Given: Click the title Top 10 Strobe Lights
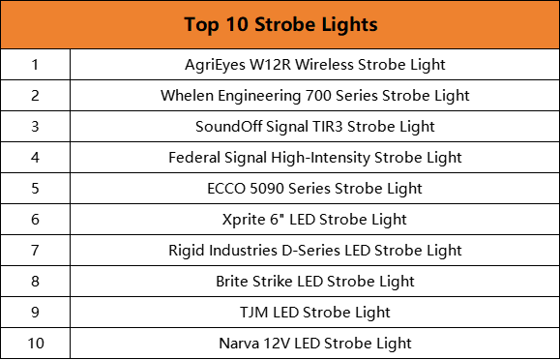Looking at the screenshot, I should pos(280,24).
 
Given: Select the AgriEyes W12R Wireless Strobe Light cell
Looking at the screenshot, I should pos(314,65).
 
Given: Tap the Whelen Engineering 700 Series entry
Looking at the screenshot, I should pos(314,96).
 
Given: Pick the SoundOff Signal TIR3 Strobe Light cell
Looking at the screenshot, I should pos(314,127).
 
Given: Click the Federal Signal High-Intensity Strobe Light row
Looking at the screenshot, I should pos(314,158).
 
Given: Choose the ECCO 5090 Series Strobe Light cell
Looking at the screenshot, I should pos(314,189).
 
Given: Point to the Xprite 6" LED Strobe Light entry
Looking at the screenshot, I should pos(314,220).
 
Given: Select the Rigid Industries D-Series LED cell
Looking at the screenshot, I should pos(314,251).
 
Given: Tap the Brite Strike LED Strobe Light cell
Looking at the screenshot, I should pos(314,282).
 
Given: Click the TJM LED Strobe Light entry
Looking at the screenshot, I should pos(314,313).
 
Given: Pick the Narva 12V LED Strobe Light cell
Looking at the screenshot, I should pos(314,344).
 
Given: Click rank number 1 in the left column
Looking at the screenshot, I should pos(35,65).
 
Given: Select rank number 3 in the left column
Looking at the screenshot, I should pos(35,127).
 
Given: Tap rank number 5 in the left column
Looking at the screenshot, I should pos(35,189).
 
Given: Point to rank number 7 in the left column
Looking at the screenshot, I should pos(35,251).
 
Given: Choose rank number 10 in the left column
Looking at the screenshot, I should pos(35,344).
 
